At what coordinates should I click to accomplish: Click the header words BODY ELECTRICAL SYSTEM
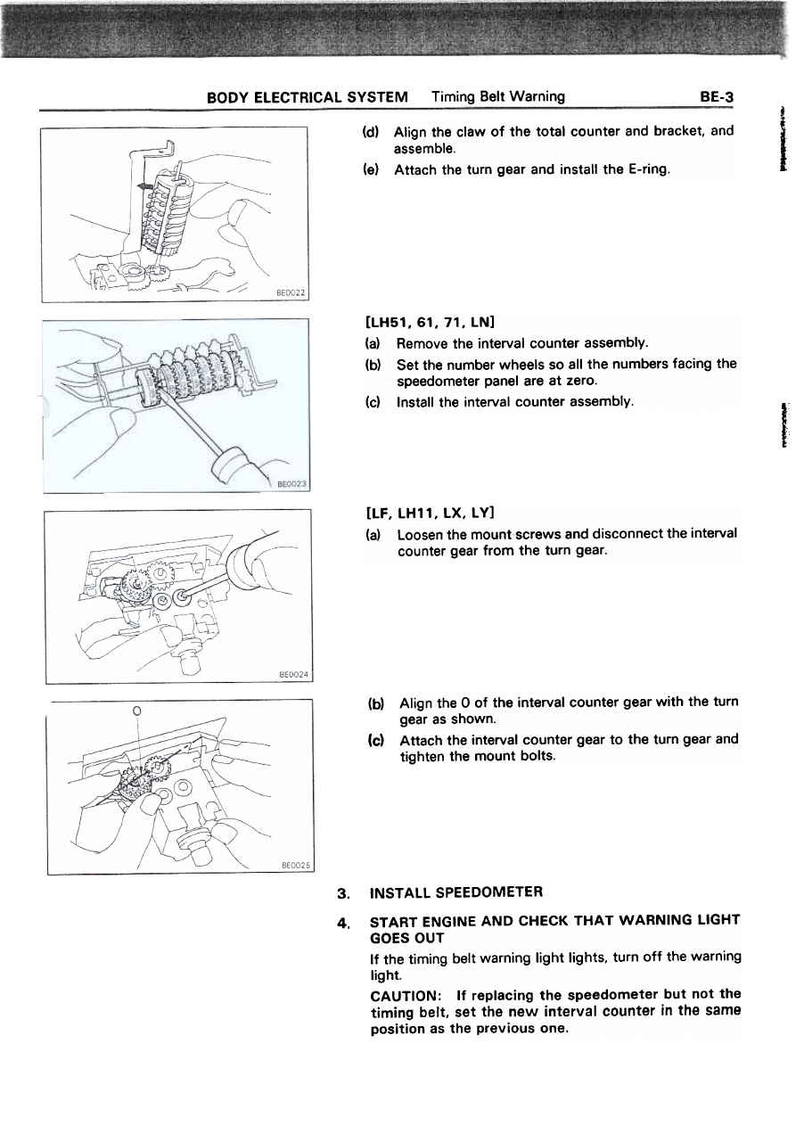308,96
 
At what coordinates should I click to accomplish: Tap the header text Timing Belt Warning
497,96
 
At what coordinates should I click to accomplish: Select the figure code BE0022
287,292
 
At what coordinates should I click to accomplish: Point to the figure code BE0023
291,484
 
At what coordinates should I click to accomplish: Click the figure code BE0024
292,675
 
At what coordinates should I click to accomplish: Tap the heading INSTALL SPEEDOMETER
455,892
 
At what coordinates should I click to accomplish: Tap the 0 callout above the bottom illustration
135,711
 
